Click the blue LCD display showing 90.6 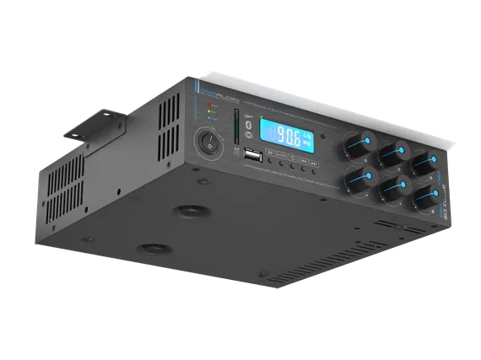[288, 133]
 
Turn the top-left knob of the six [355, 146]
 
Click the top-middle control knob [391, 153]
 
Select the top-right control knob [421, 161]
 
